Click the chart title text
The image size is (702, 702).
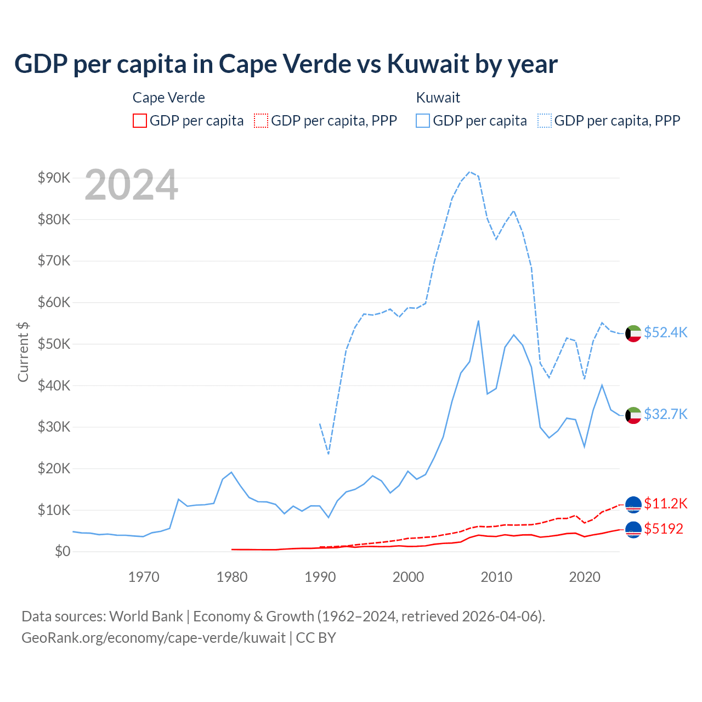click(x=286, y=64)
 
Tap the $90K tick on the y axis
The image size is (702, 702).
click(x=54, y=178)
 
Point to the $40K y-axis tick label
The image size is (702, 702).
click(x=54, y=386)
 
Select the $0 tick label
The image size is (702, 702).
click(x=62, y=551)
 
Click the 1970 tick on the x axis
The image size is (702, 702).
click(x=144, y=577)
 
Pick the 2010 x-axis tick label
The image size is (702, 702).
click(x=496, y=577)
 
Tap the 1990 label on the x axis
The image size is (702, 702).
click(x=320, y=577)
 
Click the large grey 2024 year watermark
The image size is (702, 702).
click(x=132, y=185)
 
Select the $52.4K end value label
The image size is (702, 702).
click(x=665, y=332)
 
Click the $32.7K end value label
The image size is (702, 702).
click(x=665, y=414)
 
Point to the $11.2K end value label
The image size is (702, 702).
click(x=665, y=503)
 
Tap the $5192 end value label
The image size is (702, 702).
click(x=664, y=529)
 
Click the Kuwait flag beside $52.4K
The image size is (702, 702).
click(x=633, y=333)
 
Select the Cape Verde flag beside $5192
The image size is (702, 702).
click(x=633, y=530)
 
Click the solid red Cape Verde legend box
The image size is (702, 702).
click(x=140, y=121)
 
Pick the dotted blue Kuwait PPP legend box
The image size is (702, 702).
click(x=545, y=121)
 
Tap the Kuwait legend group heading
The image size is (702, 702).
click(x=438, y=98)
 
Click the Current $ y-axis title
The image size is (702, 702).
click(x=23, y=352)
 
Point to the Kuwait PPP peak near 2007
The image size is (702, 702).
click(x=469, y=172)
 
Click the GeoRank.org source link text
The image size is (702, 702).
click(x=154, y=638)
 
